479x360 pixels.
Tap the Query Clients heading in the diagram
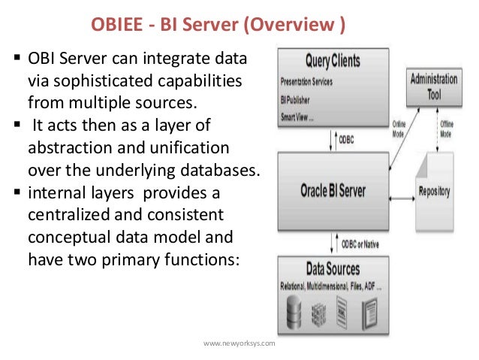[x=332, y=61]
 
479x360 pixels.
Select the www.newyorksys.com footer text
[x=239, y=343]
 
